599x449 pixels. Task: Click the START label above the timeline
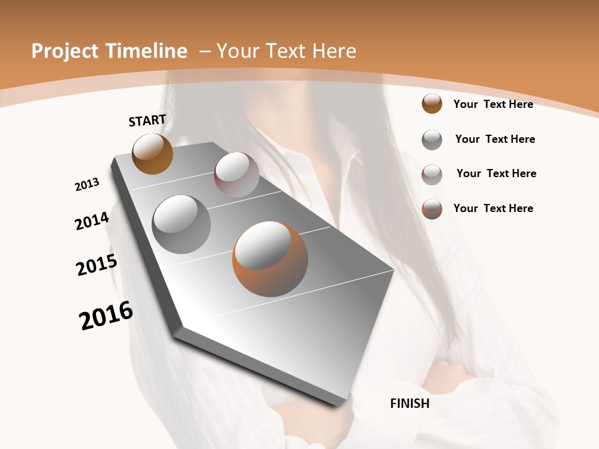[147, 120]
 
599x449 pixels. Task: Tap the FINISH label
[410, 403]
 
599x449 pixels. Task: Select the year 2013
[87, 185]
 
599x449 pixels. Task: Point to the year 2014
[92, 221]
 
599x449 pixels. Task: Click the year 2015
[97, 265]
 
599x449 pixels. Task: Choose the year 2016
[106, 315]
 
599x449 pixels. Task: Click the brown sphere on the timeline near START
[152, 153]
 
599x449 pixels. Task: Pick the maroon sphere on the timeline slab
[236, 175]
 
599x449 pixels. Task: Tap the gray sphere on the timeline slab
[182, 224]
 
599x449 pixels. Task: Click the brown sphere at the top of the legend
[432, 104]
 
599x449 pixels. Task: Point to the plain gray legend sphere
[432, 139]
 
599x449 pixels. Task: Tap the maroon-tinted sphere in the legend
[432, 174]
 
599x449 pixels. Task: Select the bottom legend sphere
[432, 209]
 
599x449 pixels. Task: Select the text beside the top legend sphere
[493, 104]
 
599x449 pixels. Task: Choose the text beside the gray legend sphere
[495, 139]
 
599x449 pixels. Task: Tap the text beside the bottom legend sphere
[493, 208]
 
